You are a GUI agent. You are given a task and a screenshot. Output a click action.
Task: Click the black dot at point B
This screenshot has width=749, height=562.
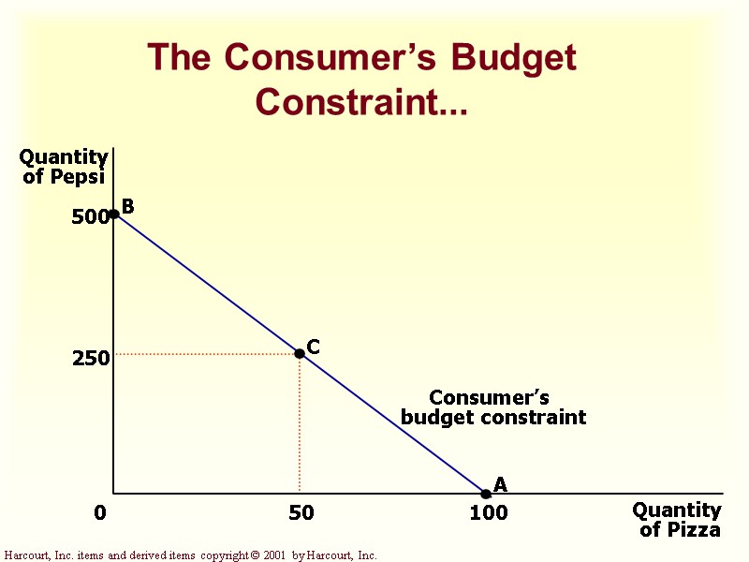pyautogui.click(x=113, y=214)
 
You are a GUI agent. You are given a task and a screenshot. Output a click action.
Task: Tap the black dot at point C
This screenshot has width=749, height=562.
pyautogui.click(x=300, y=353)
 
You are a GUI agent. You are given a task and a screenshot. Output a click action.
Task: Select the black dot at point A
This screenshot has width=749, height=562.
pyautogui.click(x=486, y=494)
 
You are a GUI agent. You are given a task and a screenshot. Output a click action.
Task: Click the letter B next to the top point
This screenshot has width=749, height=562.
pyautogui.click(x=128, y=206)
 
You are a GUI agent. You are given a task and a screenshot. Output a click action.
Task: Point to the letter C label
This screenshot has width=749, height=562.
pyautogui.click(x=314, y=347)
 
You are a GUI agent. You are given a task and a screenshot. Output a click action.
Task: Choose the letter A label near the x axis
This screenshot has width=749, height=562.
pyautogui.click(x=500, y=484)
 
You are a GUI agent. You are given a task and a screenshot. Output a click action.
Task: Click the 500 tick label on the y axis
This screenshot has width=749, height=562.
pyautogui.click(x=90, y=217)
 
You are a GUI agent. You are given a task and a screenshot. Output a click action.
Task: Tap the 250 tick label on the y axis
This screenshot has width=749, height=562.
pyautogui.click(x=91, y=358)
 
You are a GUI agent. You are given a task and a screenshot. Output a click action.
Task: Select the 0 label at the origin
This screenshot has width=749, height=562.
pyautogui.click(x=100, y=513)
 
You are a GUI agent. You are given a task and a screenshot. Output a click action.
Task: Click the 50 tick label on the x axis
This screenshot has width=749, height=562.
pyautogui.click(x=301, y=513)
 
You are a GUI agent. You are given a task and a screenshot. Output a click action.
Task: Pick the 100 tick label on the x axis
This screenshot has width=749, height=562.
pyautogui.click(x=488, y=513)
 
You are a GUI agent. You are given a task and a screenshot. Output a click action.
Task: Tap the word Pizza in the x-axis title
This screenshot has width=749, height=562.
pyautogui.click(x=695, y=530)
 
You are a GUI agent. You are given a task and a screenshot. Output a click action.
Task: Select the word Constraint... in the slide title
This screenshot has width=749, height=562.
pyautogui.click(x=361, y=101)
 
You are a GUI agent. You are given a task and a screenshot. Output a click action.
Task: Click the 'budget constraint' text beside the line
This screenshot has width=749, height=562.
pyautogui.click(x=493, y=418)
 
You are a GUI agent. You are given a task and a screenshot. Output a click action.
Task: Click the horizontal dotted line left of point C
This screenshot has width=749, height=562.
pyautogui.click(x=206, y=354)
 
